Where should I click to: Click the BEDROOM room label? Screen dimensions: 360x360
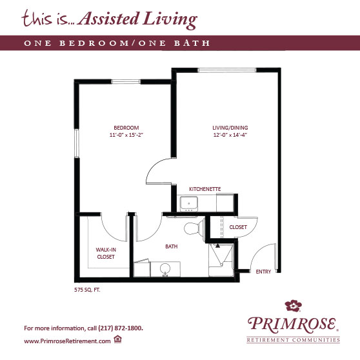tap(126, 128)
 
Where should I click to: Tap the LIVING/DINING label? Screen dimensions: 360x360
tap(230, 128)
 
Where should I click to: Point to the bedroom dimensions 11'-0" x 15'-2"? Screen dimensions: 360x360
tap(126, 135)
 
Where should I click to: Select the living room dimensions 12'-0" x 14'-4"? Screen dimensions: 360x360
tap(230, 135)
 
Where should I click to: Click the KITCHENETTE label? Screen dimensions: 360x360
tap(205, 189)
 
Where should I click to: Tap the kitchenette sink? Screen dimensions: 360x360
tap(189, 204)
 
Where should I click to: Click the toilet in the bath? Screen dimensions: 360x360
tap(195, 228)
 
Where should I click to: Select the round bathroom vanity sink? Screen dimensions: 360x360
tap(165, 269)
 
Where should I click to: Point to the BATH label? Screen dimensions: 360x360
tap(171, 246)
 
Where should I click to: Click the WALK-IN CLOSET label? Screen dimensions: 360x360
tap(106, 254)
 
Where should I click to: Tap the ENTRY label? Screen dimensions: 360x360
tap(263, 272)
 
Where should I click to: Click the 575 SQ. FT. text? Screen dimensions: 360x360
tap(87, 290)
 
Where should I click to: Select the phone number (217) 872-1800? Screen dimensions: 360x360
tap(121, 328)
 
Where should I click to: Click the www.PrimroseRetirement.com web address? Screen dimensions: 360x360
tap(67, 341)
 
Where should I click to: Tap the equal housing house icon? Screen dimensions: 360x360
tap(117, 339)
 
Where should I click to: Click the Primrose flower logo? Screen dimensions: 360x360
tap(293, 306)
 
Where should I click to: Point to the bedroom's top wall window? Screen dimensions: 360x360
tap(126, 81)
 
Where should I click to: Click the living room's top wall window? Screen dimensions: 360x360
tap(227, 70)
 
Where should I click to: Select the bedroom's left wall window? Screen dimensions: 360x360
tap(77, 143)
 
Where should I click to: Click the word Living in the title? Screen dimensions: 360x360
tap(170, 19)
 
